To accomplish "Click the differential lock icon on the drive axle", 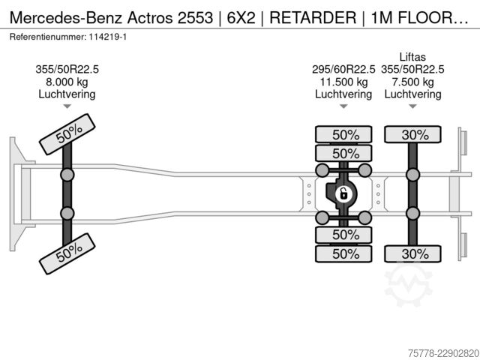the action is coord(343,193).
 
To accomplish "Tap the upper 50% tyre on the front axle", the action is coord(67,134).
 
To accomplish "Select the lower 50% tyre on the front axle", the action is coord(67,253).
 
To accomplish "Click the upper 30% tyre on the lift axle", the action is coord(412,135).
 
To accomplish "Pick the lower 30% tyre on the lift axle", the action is coord(412,253).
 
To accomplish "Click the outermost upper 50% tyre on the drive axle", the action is coord(343,135).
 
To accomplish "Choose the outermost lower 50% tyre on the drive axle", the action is coord(343,253).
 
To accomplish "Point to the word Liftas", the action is coord(412,57).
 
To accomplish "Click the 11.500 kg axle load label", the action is coord(343,82).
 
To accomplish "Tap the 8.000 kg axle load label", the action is coord(67,82).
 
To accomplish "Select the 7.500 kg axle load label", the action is coord(412,82).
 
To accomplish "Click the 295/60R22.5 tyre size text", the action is coord(343,70).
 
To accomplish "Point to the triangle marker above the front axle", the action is coord(67,106).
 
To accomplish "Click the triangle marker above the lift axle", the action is coord(412,106).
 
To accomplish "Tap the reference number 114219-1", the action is coord(108,37).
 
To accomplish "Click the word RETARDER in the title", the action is coord(313,17).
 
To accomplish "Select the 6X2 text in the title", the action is coord(241,17).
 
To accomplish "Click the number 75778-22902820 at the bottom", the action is coord(443,353).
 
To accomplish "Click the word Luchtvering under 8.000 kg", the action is coord(67,94).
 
